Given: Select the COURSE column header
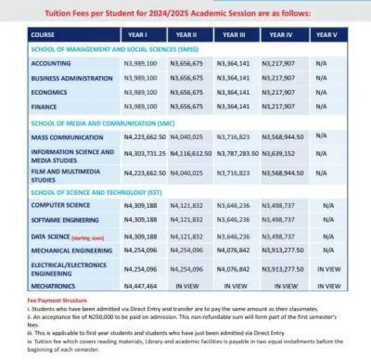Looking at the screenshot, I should (43, 35).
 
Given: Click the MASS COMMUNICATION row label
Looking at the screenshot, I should (67, 137).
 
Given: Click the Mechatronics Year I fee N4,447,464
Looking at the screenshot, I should (142, 286).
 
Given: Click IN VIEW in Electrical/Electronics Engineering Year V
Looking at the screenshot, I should (328, 269).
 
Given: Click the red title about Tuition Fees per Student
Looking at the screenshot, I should (185, 13).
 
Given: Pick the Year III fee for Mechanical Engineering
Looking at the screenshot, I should (233, 251).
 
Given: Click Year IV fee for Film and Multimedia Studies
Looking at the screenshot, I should (281, 174).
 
